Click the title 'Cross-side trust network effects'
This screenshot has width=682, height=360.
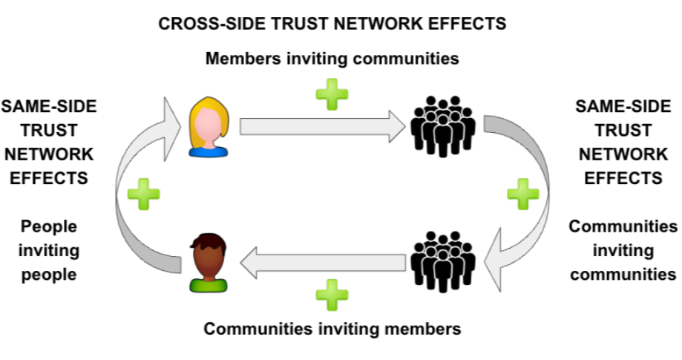[x=332, y=24]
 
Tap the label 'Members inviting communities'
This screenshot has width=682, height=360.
[x=332, y=58]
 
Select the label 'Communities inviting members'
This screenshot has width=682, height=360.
[x=332, y=327]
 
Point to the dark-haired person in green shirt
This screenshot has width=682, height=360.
[x=207, y=261]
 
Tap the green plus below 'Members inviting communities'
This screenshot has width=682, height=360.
[x=331, y=95]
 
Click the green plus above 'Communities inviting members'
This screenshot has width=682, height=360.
[x=331, y=295]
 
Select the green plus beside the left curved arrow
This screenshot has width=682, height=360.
[x=143, y=195]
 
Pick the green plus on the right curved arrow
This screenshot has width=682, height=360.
[x=522, y=195]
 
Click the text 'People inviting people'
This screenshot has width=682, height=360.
[x=50, y=250]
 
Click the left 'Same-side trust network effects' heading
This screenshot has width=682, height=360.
[x=50, y=142]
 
